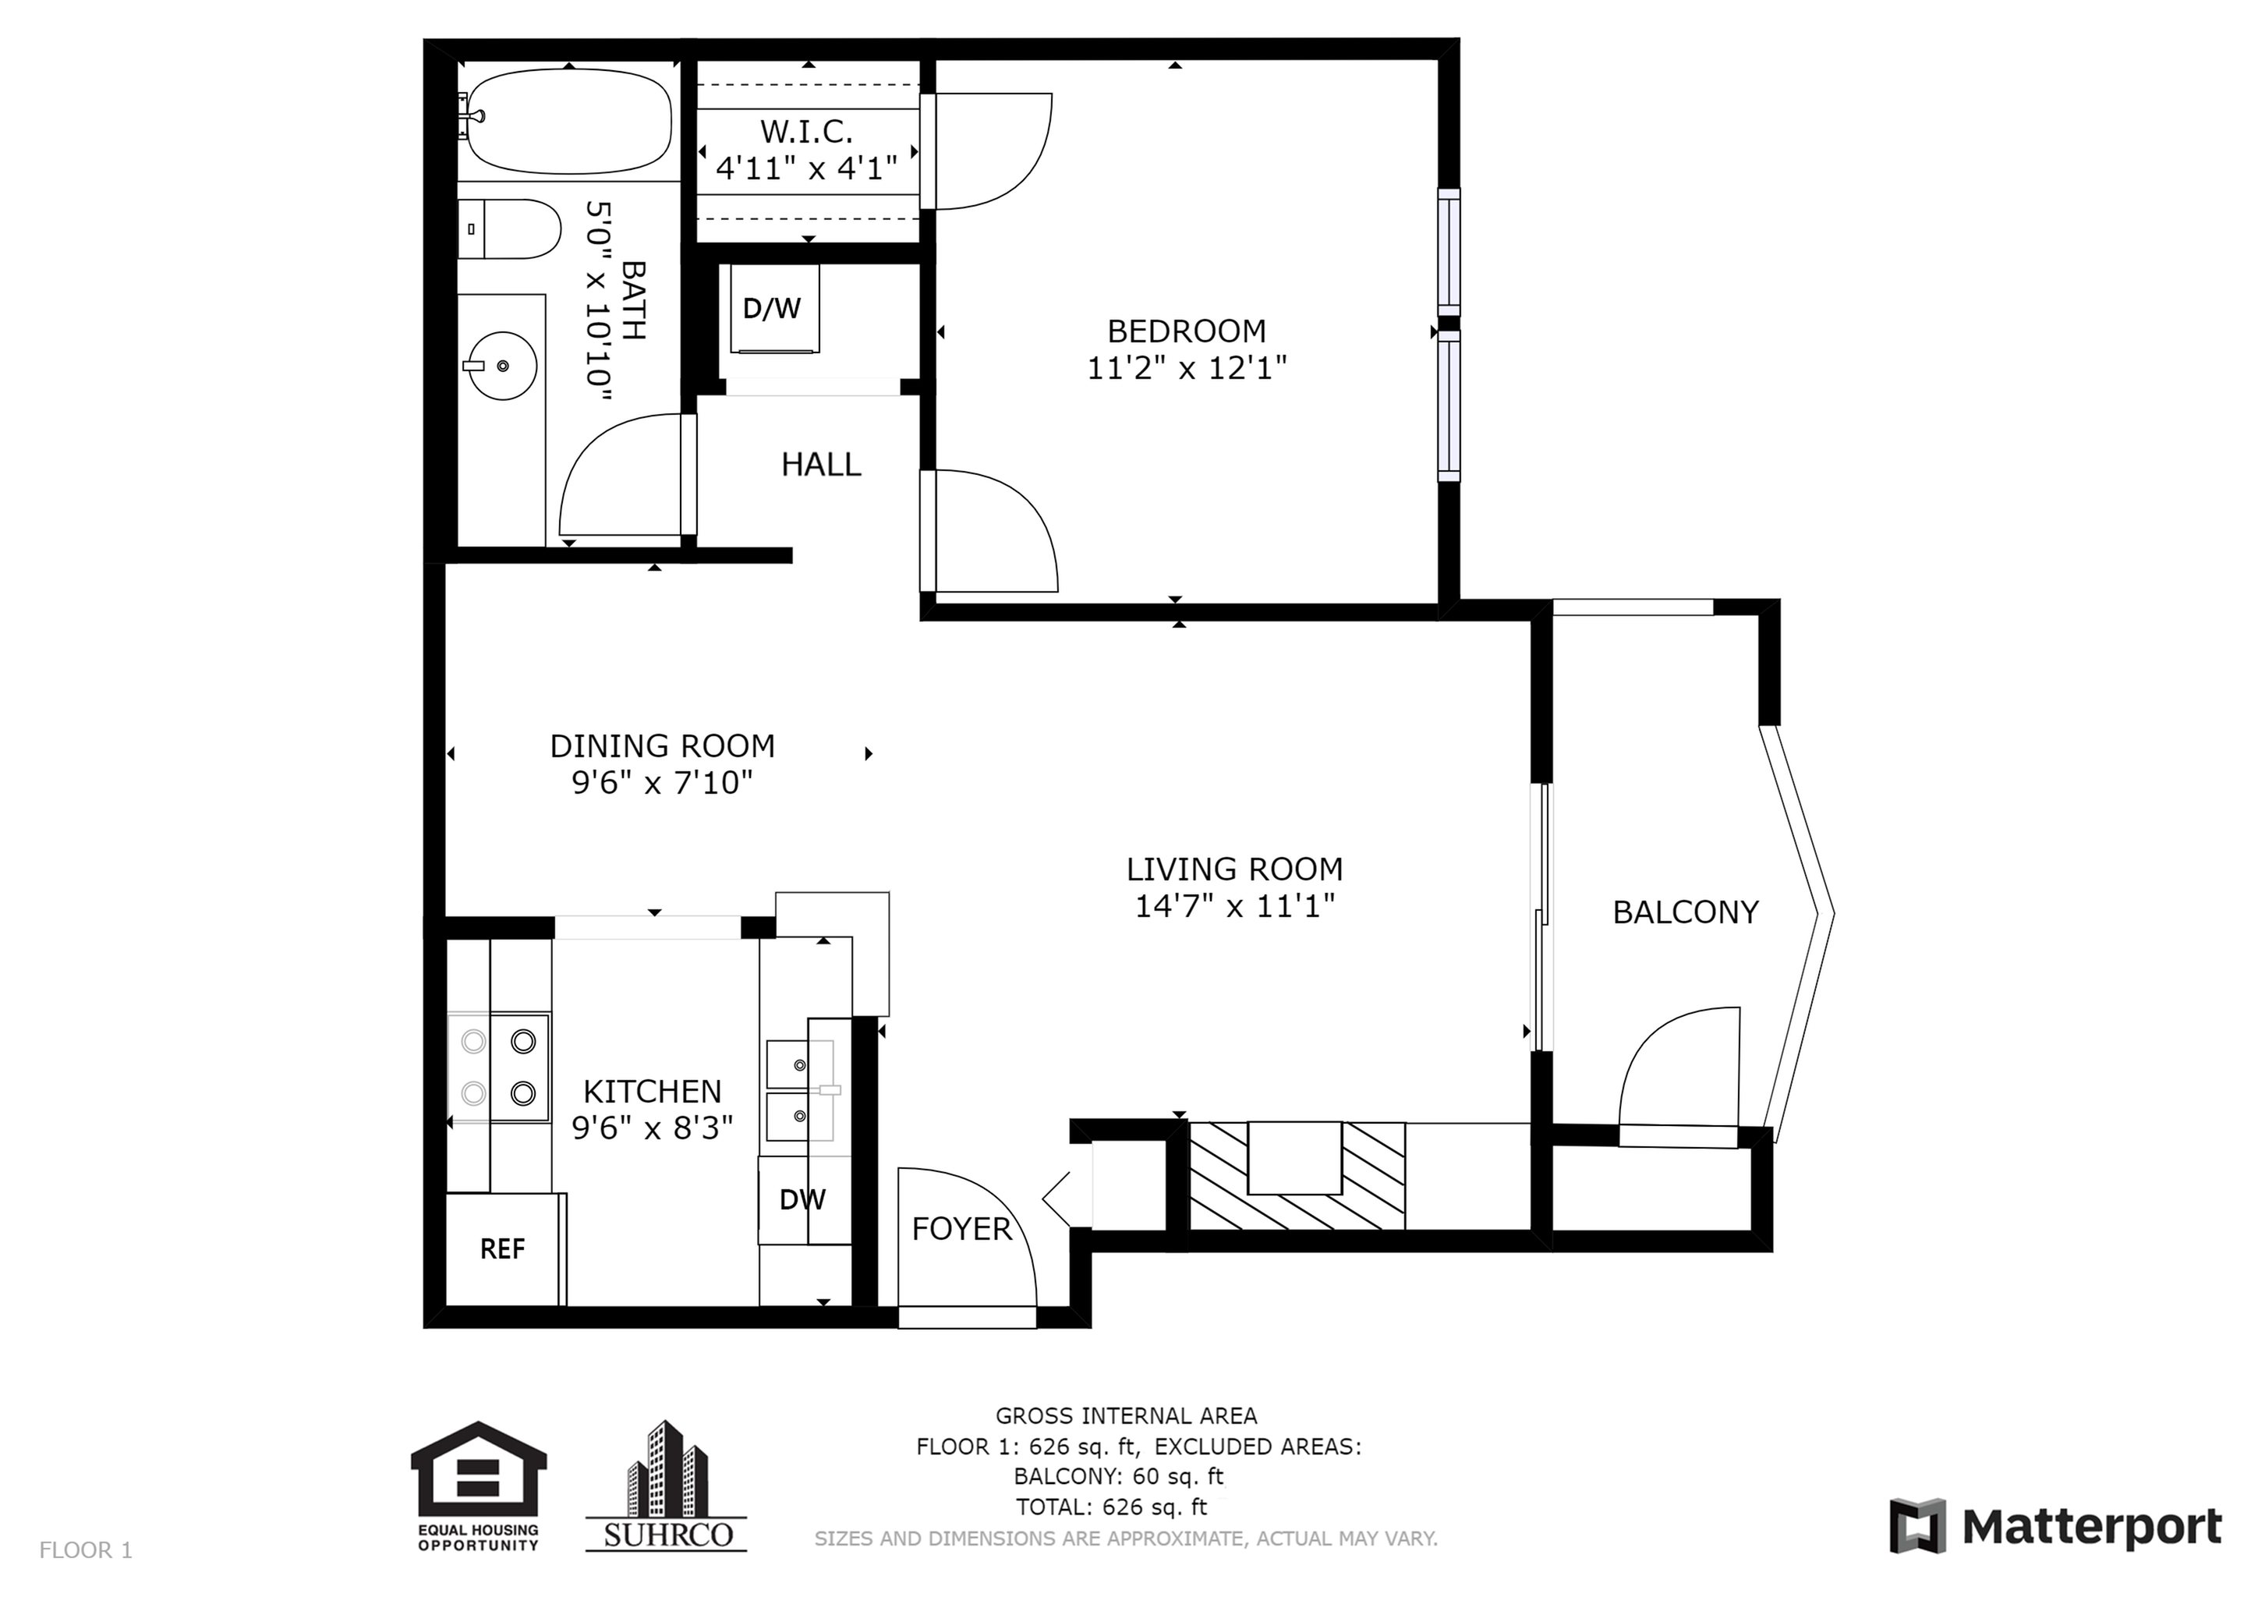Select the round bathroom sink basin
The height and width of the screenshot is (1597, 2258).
pos(501,366)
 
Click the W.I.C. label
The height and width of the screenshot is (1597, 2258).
pos(806,131)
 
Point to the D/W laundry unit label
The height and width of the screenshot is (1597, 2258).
pos(772,309)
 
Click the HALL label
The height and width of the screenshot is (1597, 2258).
pos(821,464)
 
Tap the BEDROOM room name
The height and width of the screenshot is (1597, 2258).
pos(1187,331)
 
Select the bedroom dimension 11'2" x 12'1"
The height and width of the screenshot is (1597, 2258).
pos(1187,368)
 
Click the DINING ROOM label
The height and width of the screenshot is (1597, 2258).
pos(662,746)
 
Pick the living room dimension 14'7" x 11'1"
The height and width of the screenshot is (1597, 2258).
pos(1235,905)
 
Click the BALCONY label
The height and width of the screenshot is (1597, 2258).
pos(1686,912)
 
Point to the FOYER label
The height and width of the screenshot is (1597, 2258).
pos(962,1228)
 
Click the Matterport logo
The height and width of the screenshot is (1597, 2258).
pos(2055,1527)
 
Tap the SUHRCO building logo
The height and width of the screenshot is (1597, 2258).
pos(667,1485)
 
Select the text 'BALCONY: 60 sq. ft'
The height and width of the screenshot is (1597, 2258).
pos(1119,1477)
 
